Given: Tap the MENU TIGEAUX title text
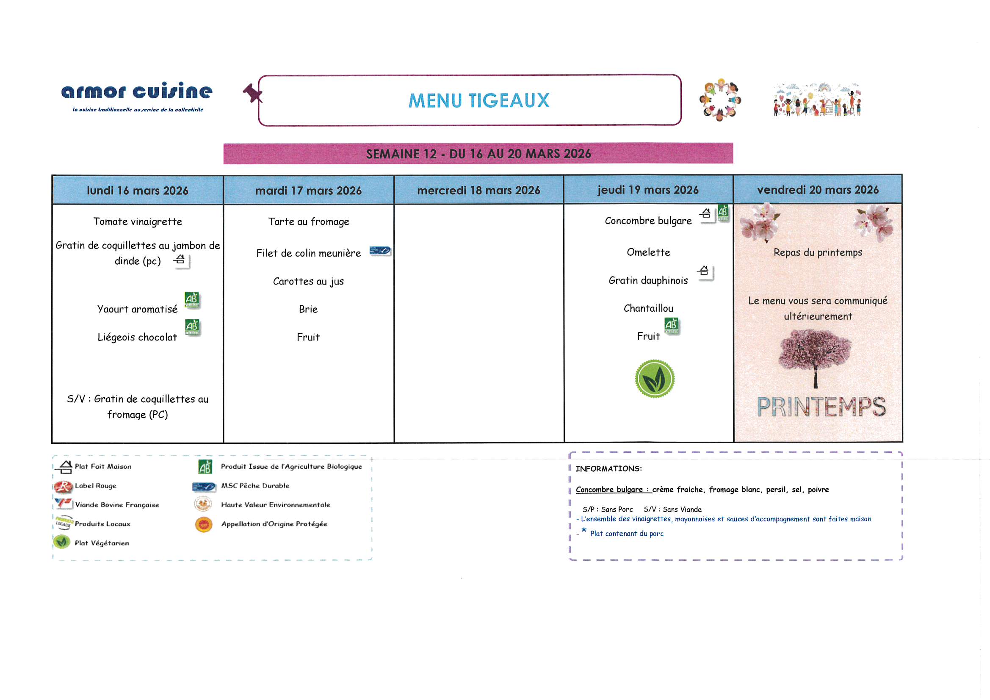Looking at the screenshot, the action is [x=478, y=100].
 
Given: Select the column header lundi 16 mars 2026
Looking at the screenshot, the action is [x=138, y=190].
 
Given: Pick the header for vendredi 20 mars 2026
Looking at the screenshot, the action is [x=818, y=190].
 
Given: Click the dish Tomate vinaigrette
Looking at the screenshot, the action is [x=138, y=222].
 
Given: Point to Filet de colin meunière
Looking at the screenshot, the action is [x=308, y=253].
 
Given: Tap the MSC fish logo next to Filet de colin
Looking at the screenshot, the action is [x=380, y=251].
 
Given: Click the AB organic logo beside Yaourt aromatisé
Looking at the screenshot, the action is [x=192, y=300].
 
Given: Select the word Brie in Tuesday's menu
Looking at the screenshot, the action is [x=308, y=309].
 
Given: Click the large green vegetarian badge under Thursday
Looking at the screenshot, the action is [x=655, y=379].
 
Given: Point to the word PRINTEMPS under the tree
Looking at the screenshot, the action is [x=821, y=407].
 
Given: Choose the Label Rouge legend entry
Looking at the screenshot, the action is [x=86, y=486].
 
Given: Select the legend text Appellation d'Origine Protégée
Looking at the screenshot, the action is [x=274, y=524].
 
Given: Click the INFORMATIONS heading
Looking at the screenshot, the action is [x=608, y=469].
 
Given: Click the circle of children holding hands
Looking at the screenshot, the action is [x=720, y=99].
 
